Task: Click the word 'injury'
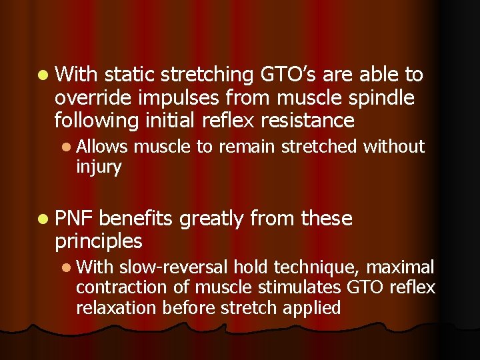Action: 99,166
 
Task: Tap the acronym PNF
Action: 75,218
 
